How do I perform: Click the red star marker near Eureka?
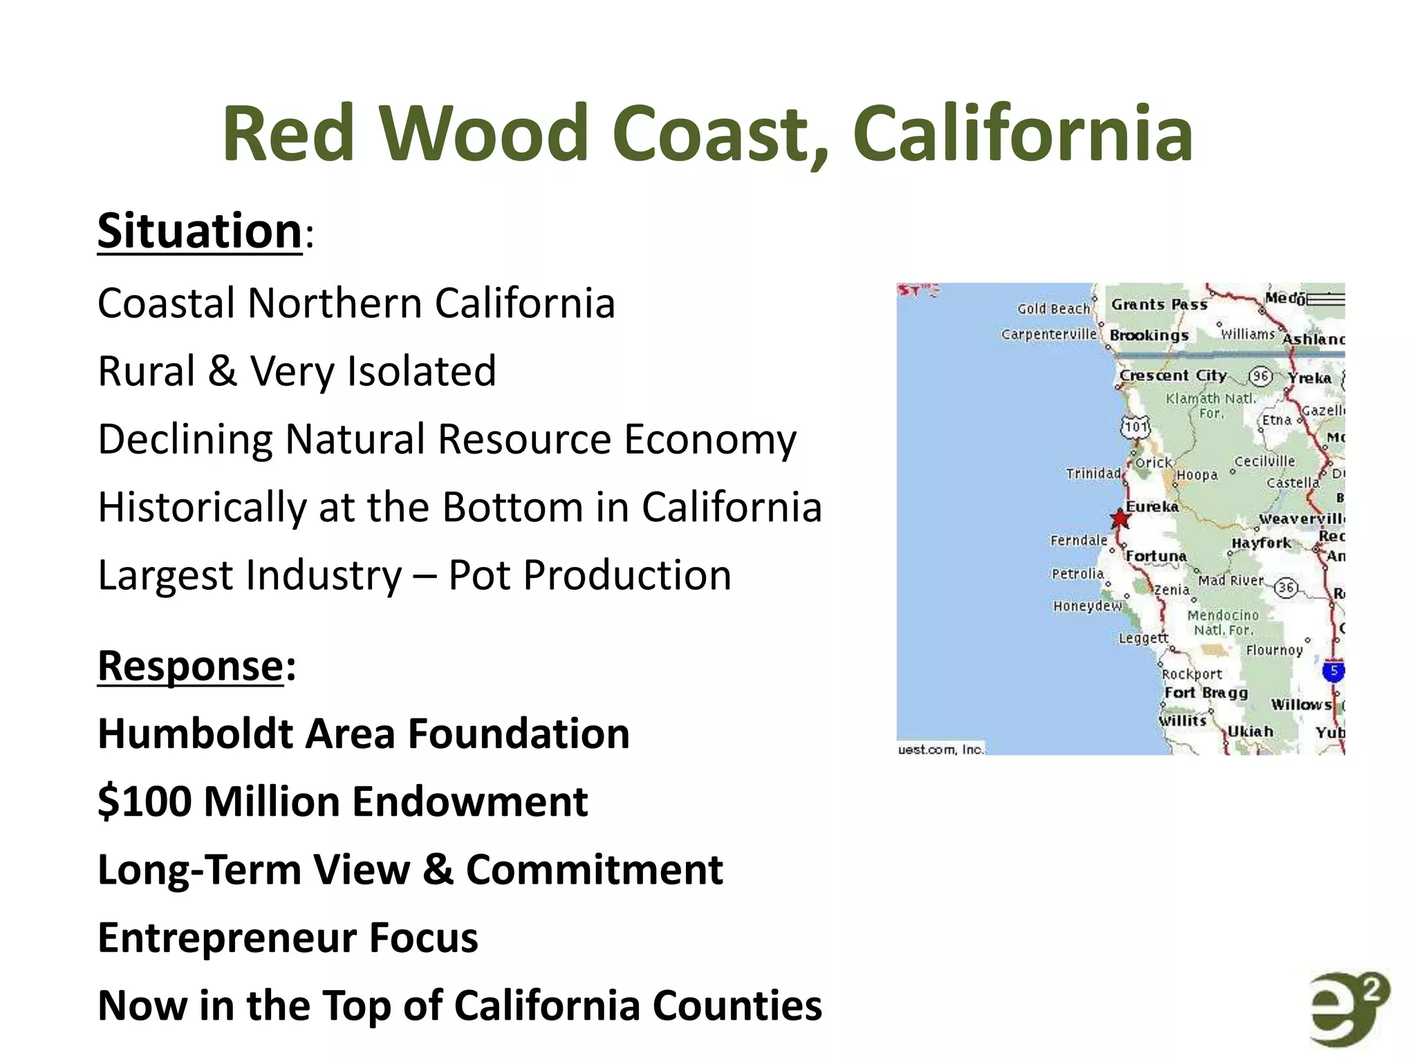click(1119, 519)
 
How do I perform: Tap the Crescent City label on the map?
click(1173, 375)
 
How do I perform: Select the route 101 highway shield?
click(1135, 426)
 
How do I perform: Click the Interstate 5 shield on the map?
click(1334, 671)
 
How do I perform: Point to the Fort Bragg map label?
click(1206, 693)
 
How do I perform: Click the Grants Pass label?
click(1159, 304)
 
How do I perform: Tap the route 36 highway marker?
click(1285, 588)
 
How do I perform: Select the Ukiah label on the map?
click(1250, 732)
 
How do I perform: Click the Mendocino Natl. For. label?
click(1222, 622)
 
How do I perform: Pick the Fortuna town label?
click(1156, 556)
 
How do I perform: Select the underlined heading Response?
click(190, 666)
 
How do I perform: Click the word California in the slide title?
click(1023, 133)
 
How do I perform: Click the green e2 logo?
click(1348, 1009)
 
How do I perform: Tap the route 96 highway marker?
click(1260, 376)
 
